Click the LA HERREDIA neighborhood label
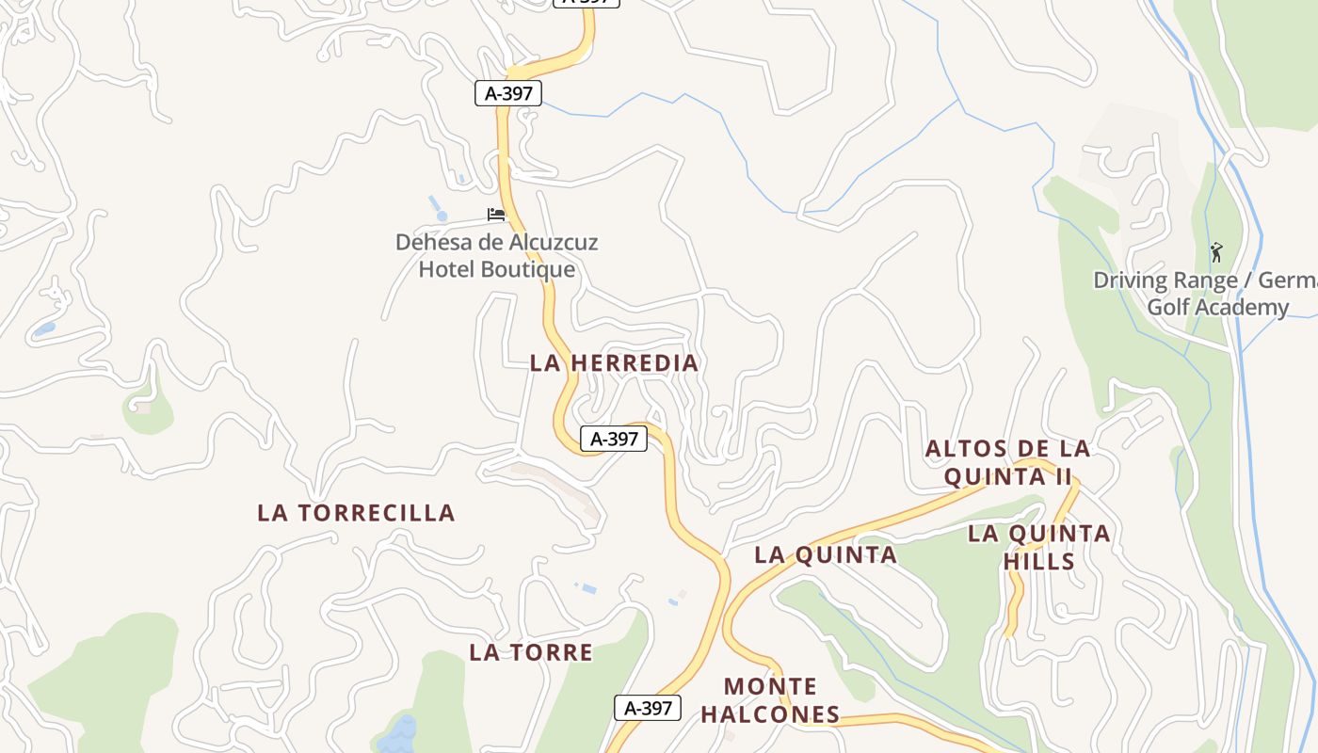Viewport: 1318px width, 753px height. (x=614, y=362)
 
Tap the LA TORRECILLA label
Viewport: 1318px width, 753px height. (x=356, y=513)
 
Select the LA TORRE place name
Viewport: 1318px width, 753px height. (x=531, y=652)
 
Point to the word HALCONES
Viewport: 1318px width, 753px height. (x=770, y=714)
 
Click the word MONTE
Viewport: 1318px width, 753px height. (x=770, y=686)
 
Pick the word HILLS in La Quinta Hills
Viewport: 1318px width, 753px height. (x=1038, y=562)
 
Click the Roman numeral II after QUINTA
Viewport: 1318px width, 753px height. (x=1062, y=476)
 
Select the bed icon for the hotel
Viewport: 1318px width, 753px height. (x=496, y=215)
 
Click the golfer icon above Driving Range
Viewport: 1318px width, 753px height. (x=1215, y=252)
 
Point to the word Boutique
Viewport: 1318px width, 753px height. (x=529, y=269)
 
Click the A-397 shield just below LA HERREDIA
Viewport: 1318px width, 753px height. (x=614, y=439)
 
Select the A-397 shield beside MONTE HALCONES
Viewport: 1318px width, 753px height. (x=648, y=708)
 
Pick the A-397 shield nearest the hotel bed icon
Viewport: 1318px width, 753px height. (x=508, y=93)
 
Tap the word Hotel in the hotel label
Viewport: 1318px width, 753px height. (x=448, y=269)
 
